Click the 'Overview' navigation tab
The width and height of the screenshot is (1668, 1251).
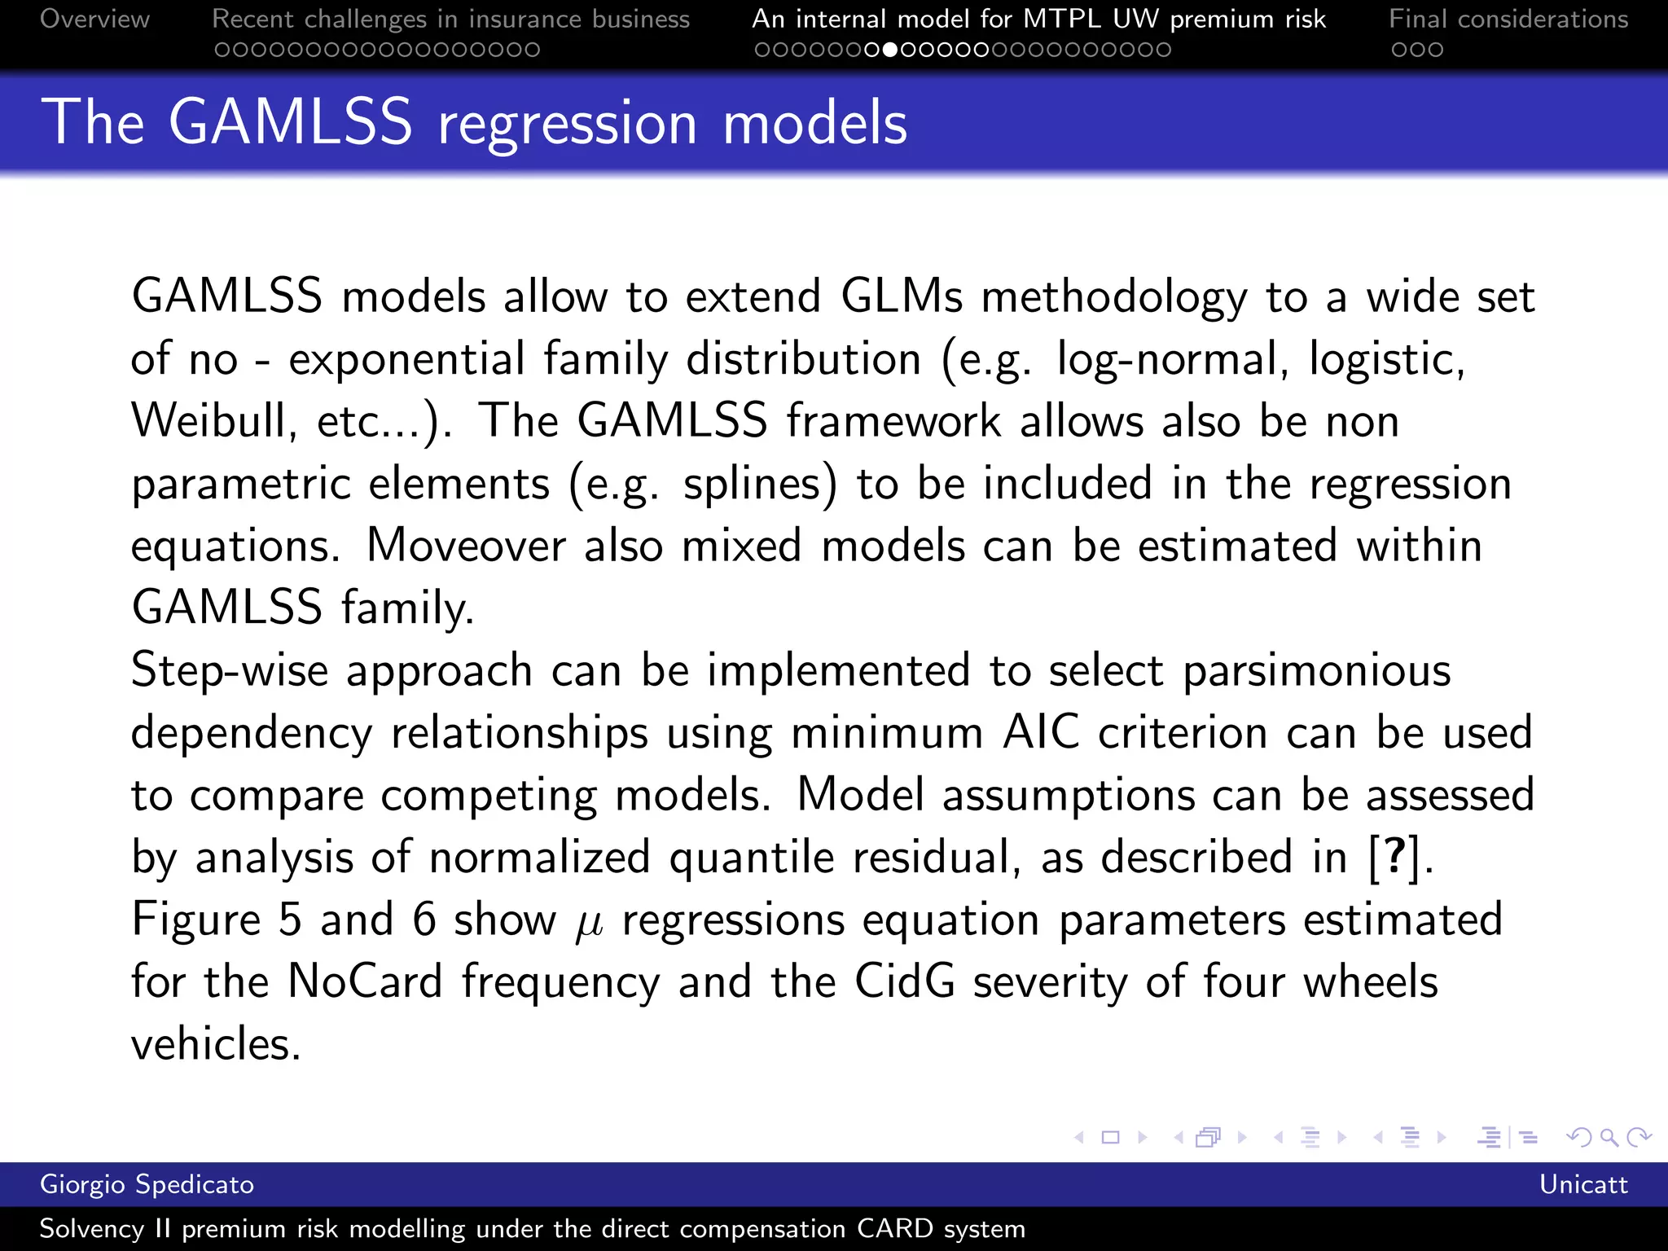pos(94,19)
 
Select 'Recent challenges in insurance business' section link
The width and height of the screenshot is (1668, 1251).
pos(450,19)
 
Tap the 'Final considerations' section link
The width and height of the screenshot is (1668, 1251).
pos(1508,19)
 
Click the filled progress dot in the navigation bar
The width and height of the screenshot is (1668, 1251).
pos(890,50)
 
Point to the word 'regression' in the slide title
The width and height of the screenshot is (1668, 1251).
pos(567,123)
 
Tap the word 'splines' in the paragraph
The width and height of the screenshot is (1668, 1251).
pos(751,484)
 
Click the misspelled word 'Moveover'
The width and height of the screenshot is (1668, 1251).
pos(466,546)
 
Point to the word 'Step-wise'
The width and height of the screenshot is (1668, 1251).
pos(230,671)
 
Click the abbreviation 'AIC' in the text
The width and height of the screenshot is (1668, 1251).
pos(1041,732)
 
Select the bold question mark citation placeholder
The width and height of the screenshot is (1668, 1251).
pos(1394,856)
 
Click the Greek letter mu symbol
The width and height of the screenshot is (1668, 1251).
pos(589,923)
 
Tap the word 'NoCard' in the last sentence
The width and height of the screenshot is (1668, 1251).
pos(365,981)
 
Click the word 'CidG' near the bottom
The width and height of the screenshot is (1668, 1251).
pos(904,981)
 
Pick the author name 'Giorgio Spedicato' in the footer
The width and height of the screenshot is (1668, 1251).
pos(147,1184)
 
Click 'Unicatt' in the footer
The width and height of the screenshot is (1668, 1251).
pos(1582,1184)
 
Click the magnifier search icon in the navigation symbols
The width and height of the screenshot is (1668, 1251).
pos(1609,1137)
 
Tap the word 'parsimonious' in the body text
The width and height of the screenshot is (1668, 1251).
pos(1316,671)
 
